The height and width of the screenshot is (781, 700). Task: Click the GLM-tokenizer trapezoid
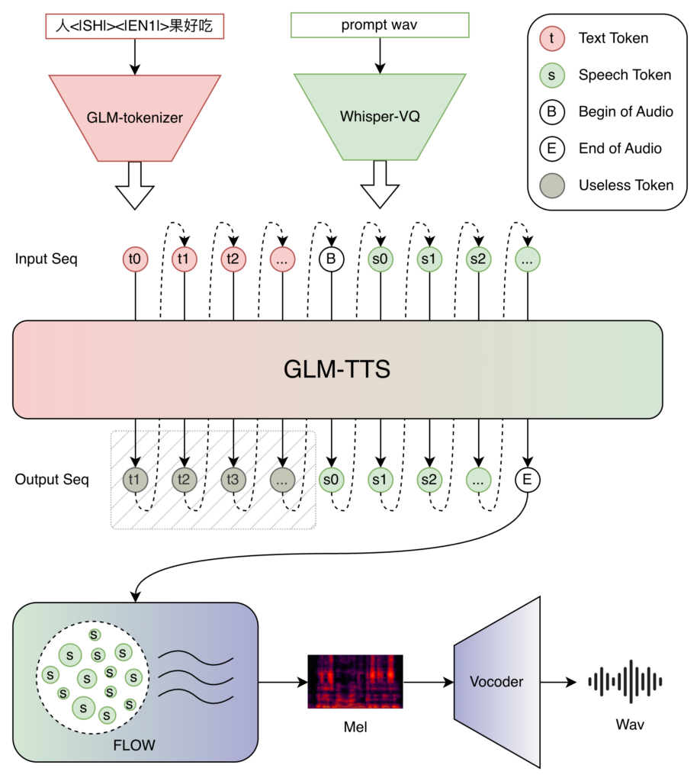[135, 117]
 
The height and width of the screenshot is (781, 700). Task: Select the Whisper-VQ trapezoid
[380, 117]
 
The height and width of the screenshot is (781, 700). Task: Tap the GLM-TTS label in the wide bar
[337, 370]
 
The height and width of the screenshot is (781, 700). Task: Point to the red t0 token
[135, 259]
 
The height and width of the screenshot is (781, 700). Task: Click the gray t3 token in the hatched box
[233, 480]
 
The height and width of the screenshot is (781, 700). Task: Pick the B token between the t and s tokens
[331, 259]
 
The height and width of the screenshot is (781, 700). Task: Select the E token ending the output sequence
[527, 480]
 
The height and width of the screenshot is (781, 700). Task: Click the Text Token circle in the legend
[551, 38]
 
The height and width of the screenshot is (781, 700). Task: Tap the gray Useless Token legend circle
[551, 185]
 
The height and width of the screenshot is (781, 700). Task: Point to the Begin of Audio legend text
[625, 112]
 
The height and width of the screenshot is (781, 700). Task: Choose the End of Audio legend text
[620, 149]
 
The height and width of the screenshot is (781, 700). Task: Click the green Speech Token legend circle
[551, 75]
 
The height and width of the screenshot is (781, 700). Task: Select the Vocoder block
[497, 682]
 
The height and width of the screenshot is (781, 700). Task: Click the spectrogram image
[355, 681]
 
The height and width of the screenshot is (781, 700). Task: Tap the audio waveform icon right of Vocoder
[625, 681]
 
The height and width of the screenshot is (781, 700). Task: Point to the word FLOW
[134, 745]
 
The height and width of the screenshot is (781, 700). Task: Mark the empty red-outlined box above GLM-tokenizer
[135, 26]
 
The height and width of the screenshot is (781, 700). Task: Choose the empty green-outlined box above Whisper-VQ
[380, 25]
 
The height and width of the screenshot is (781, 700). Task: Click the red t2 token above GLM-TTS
[233, 259]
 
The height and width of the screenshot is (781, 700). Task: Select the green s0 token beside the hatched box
[331, 480]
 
